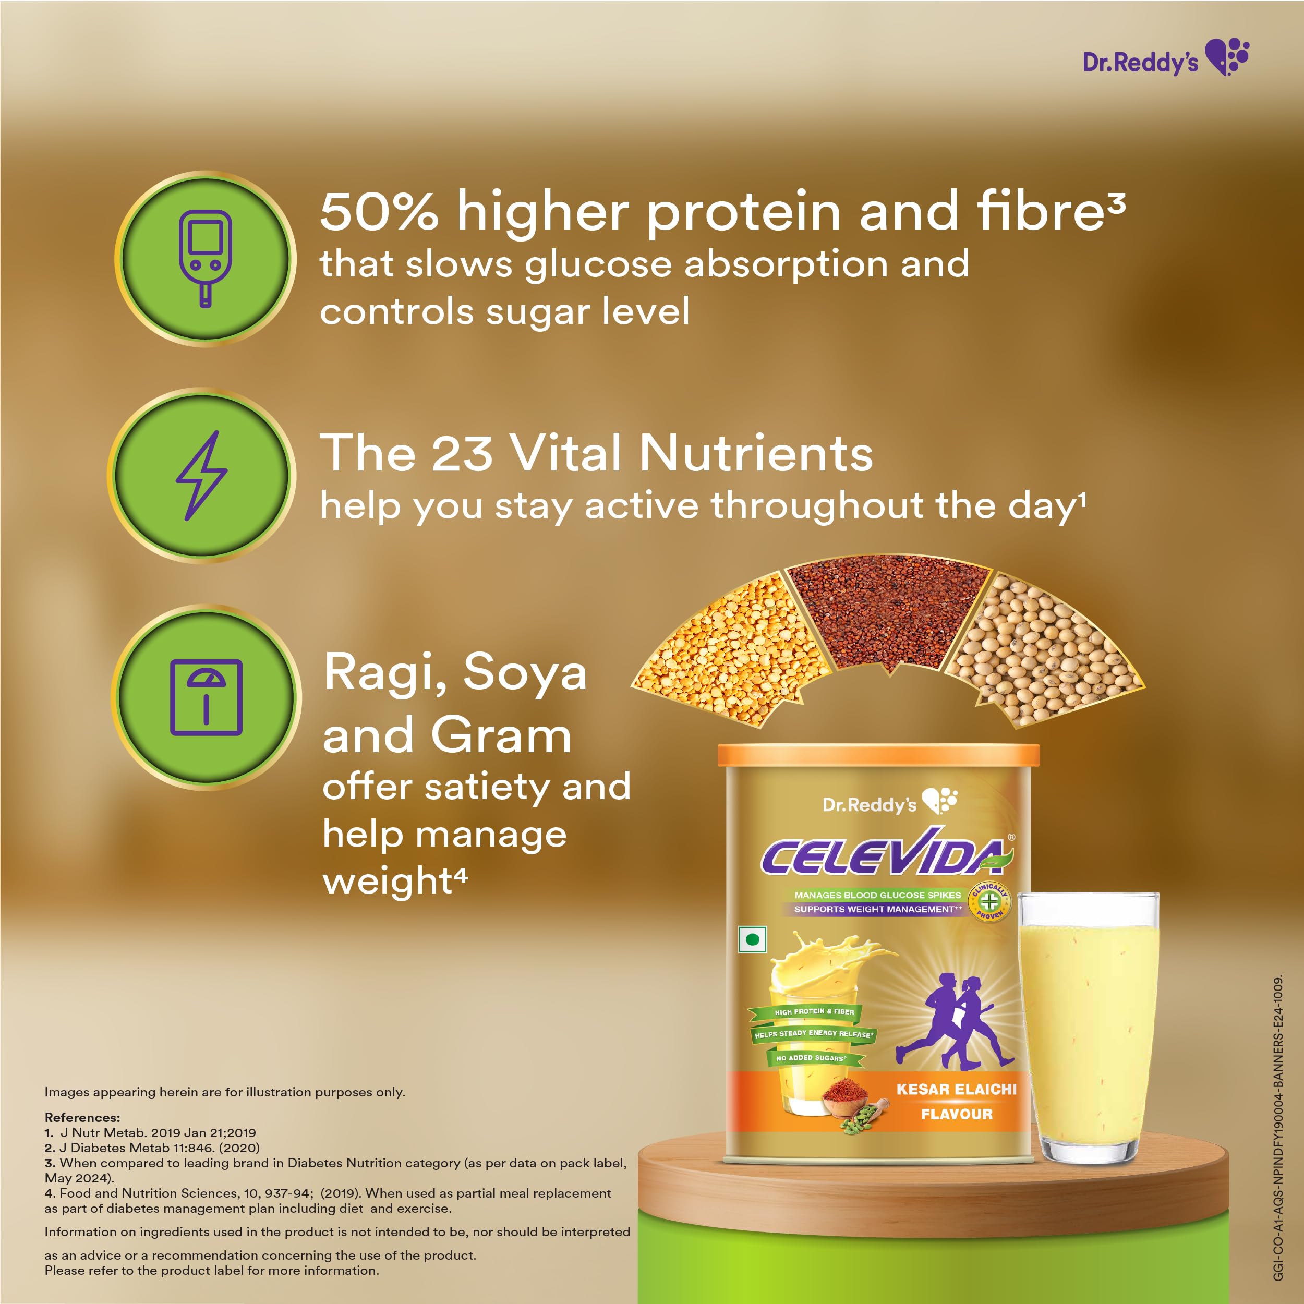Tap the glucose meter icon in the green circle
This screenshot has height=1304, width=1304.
tap(205, 259)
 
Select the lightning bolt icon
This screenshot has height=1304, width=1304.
tap(201, 475)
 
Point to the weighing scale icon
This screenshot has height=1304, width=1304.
tap(206, 697)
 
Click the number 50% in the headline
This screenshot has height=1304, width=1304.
tap(379, 211)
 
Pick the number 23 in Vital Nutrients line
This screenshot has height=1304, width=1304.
tap(462, 453)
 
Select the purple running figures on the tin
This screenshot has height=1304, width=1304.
tap(956, 1021)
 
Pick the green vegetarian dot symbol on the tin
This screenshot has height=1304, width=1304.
tap(753, 939)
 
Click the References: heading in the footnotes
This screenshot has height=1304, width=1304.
tap(82, 1117)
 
